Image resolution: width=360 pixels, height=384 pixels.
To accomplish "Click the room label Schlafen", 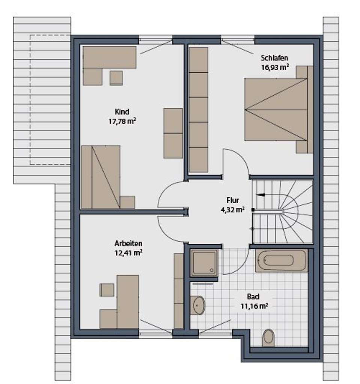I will pyautogui.click(x=274, y=58).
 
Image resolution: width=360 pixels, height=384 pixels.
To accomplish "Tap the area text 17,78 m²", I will pyautogui.click(x=122, y=121).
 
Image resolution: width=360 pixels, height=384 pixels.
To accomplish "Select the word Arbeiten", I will pyautogui.click(x=128, y=243).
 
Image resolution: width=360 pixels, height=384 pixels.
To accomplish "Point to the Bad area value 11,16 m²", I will pyautogui.click(x=254, y=306).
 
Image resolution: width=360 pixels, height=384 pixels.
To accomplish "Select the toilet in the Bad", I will pyautogui.click(x=269, y=336).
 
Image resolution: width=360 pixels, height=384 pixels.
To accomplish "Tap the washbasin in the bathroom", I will pyautogui.click(x=197, y=305).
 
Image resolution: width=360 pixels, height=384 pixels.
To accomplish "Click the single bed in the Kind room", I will pyautogui.click(x=101, y=177).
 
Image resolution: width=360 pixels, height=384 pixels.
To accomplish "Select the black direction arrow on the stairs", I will pyautogui.click(x=259, y=195).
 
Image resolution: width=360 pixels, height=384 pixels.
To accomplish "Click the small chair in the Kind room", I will pyautogui.click(x=116, y=78).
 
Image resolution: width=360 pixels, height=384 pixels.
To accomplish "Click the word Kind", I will pyautogui.click(x=122, y=112).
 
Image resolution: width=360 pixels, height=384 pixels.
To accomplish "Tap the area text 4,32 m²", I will pyautogui.click(x=233, y=210).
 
